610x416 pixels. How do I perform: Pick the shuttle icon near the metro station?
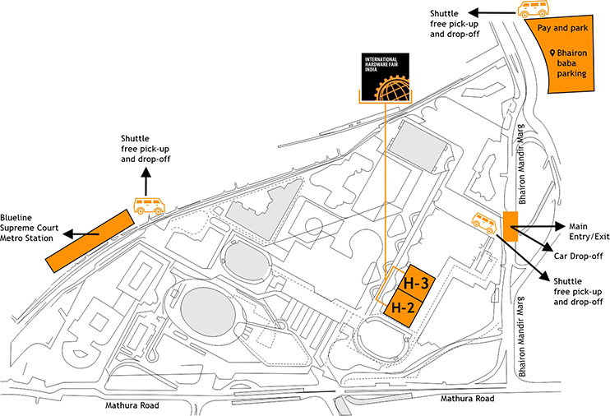149,206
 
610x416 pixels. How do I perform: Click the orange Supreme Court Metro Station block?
90,239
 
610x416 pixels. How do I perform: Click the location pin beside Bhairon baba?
553,53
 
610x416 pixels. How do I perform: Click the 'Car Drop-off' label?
580,256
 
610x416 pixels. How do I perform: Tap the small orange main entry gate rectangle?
509,226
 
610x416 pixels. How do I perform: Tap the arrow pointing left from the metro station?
82,234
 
